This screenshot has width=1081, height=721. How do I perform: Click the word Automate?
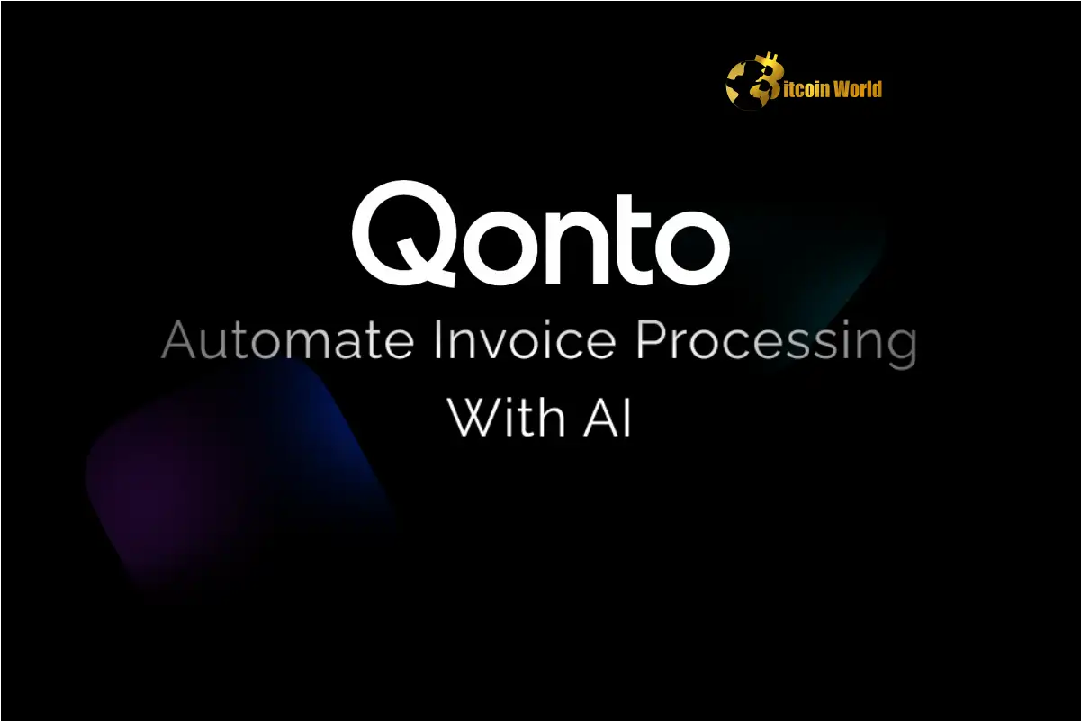point(288,340)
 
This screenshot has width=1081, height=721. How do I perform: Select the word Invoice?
point(525,339)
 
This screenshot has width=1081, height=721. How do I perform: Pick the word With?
point(506,417)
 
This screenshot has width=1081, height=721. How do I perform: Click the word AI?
point(607,418)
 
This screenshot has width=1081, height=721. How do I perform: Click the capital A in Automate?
point(178,340)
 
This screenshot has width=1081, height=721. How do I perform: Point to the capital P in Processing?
point(651,340)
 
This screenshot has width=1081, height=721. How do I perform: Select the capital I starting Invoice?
point(437,340)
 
